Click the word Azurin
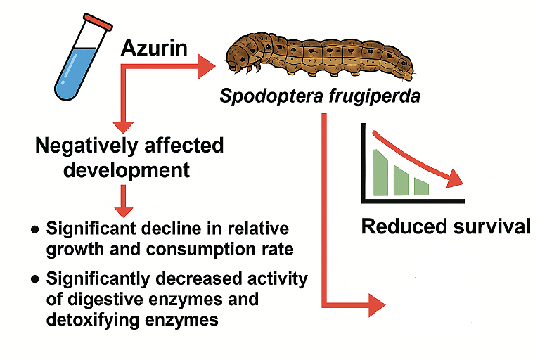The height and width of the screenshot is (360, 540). pyautogui.click(x=154, y=48)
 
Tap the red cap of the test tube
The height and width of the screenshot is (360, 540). pyautogui.click(x=98, y=22)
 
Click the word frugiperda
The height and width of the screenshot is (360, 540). pyautogui.click(x=375, y=96)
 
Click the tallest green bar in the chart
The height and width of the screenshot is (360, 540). pyautogui.click(x=380, y=172)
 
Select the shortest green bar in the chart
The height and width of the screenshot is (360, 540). pyautogui.click(x=422, y=186)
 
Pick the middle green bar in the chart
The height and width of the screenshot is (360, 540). pyautogui.click(x=401, y=180)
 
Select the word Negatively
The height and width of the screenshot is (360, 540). pyautogui.click(x=87, y=146)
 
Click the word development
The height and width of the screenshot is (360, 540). pyautogui.click(x=127, y=170)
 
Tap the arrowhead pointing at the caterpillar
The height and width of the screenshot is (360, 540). pyautogui.click(x=207, y=66)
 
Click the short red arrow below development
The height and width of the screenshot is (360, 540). pyautogui.click(x=123, y=201)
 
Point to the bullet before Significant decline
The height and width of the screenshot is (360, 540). pyautogui.click(x=34, y=229)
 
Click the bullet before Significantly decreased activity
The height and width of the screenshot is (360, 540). pyautogui.click(x=34, y=279)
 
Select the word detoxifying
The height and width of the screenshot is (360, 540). pyautogui.click(x=93, y=320)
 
